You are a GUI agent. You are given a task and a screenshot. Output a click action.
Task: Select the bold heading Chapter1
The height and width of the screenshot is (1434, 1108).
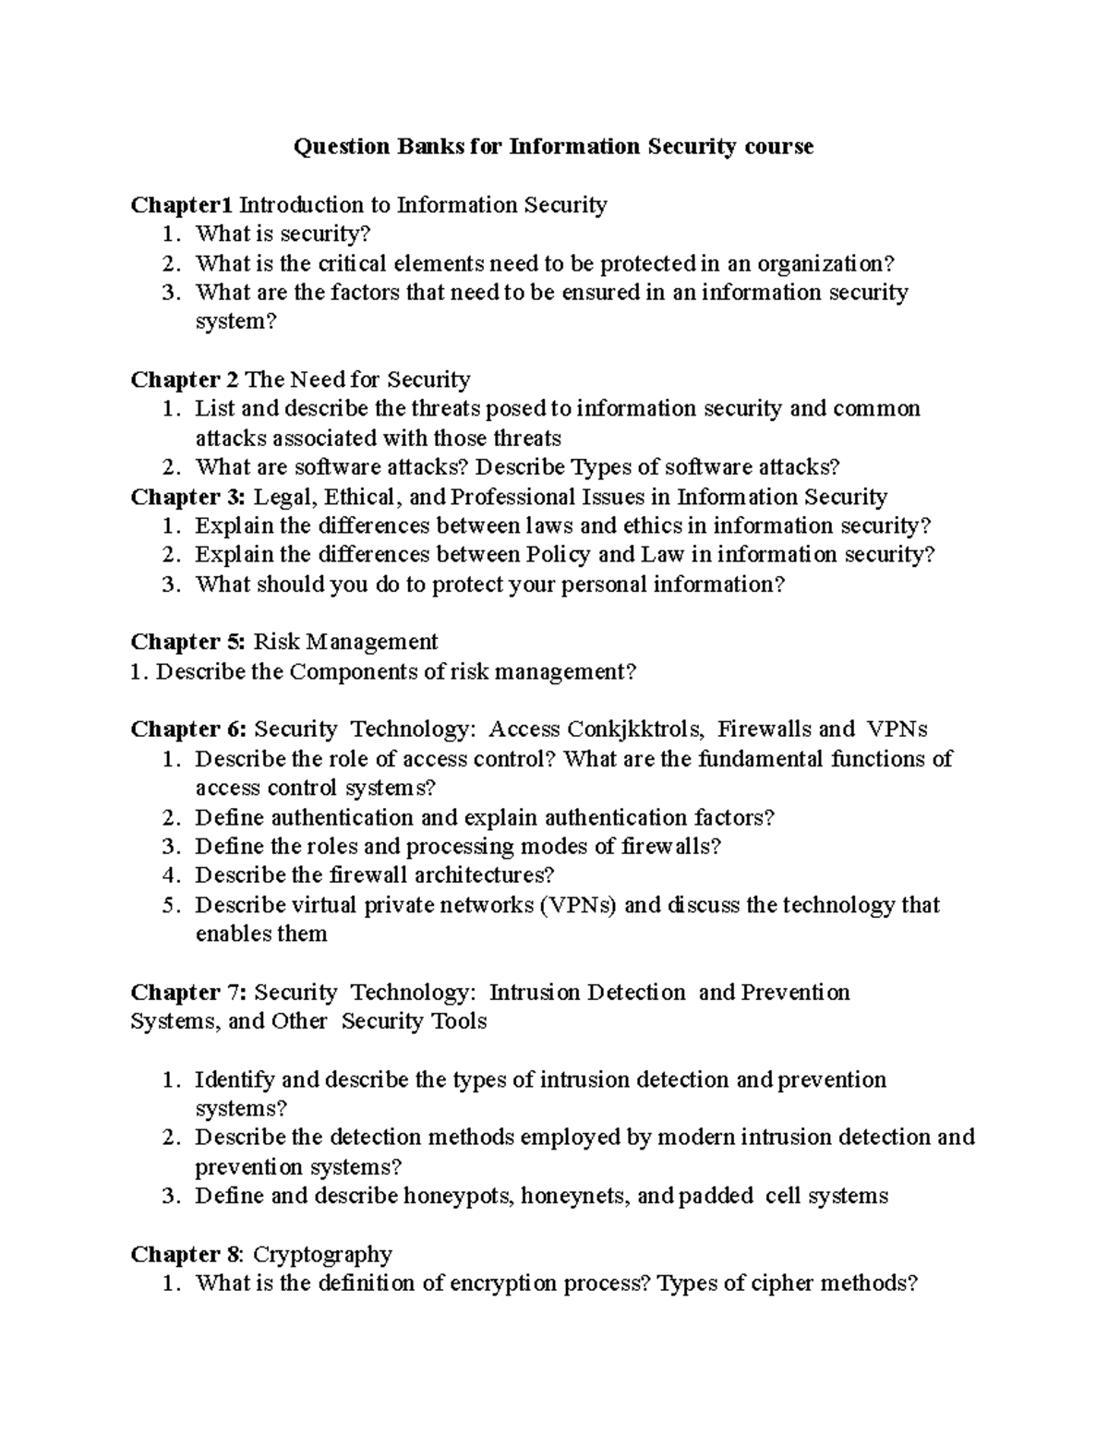tap(183, 204)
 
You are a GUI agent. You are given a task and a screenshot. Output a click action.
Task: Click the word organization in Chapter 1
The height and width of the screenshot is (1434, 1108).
tap(822, 263)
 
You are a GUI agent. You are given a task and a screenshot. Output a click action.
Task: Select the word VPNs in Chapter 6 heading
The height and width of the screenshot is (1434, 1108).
tap(897, 729)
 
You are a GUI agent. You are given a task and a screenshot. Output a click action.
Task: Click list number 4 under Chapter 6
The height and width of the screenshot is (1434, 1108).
tap(168, 875)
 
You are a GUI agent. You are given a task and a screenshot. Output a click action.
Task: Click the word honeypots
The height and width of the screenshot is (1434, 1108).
tap(458, 1197)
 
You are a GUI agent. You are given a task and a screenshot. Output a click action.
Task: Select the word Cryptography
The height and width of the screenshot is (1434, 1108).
tap(322, 1255)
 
